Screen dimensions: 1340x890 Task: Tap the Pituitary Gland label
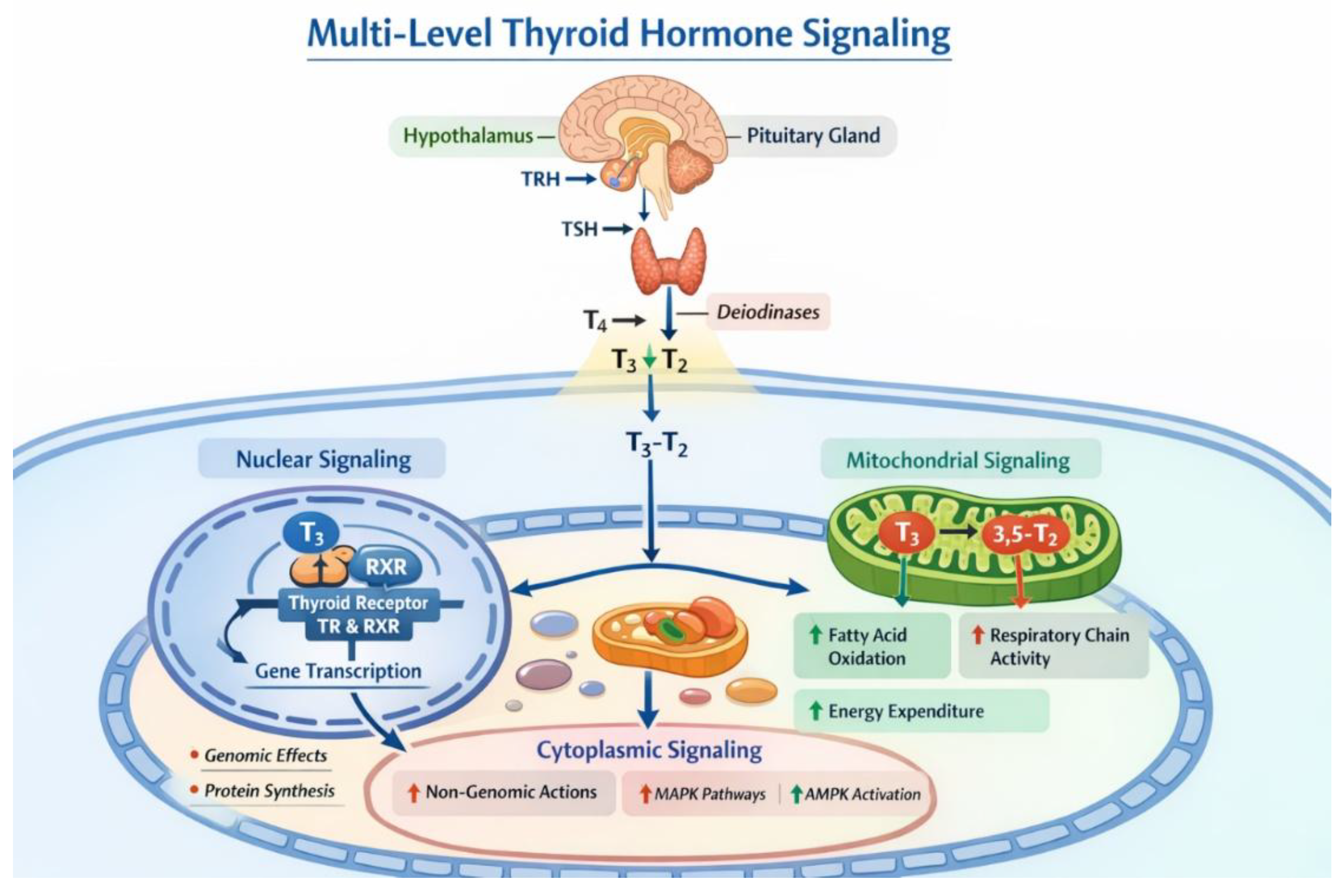[813, 135]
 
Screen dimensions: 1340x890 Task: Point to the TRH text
[540, 179]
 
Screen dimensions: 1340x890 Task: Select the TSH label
[579, 229]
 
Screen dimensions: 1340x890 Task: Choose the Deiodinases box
[768, 312]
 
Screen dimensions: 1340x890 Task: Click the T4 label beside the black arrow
[595, 321]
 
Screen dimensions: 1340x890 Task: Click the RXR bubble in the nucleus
[386, 566]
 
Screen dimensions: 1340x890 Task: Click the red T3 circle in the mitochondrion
[906, 534]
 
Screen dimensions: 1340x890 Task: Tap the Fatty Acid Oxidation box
[871, 646]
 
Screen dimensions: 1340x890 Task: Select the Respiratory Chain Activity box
[1054, 646]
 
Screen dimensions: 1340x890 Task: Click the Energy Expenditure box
[921, 711]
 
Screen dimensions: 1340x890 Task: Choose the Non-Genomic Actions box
[504, 792]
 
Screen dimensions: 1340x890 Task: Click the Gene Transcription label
[338, 671]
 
